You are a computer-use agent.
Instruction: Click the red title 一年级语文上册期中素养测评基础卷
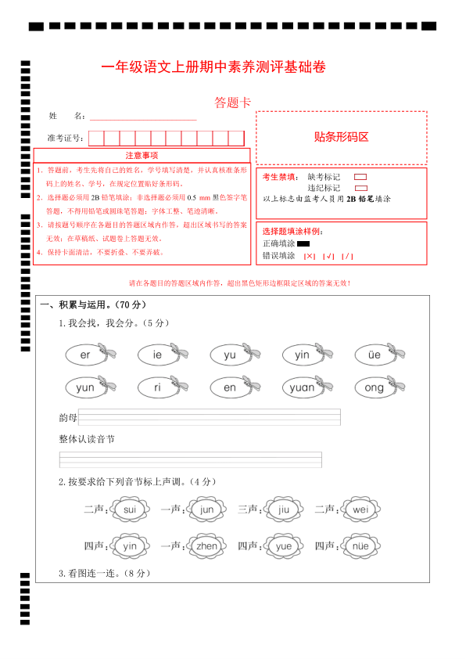pos(213,68)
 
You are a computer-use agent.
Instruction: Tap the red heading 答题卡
pos(231,103)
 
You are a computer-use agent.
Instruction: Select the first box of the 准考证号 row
pos(96,139)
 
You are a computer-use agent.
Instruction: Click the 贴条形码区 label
pos(341,137)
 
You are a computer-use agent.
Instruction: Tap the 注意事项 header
pos(142,155)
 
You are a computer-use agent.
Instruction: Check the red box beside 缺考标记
pos(360,178)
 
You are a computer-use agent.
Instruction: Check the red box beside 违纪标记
pos(360,189)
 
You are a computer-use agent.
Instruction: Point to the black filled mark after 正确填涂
pos(303,244)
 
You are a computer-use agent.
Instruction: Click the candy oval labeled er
pos(86,355)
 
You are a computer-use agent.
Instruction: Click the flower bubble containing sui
pos(130,510)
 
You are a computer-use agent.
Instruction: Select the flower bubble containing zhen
pos(207,546)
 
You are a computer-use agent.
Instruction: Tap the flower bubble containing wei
pos(360,510)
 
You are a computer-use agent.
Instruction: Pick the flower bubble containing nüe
pos(360,546)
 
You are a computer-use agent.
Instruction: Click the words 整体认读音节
pos(87,440)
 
